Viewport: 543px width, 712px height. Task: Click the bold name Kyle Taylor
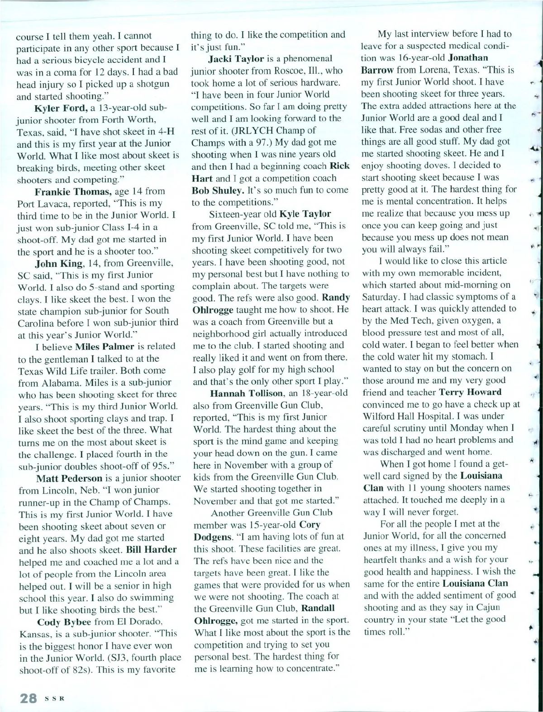click(305, 214)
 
